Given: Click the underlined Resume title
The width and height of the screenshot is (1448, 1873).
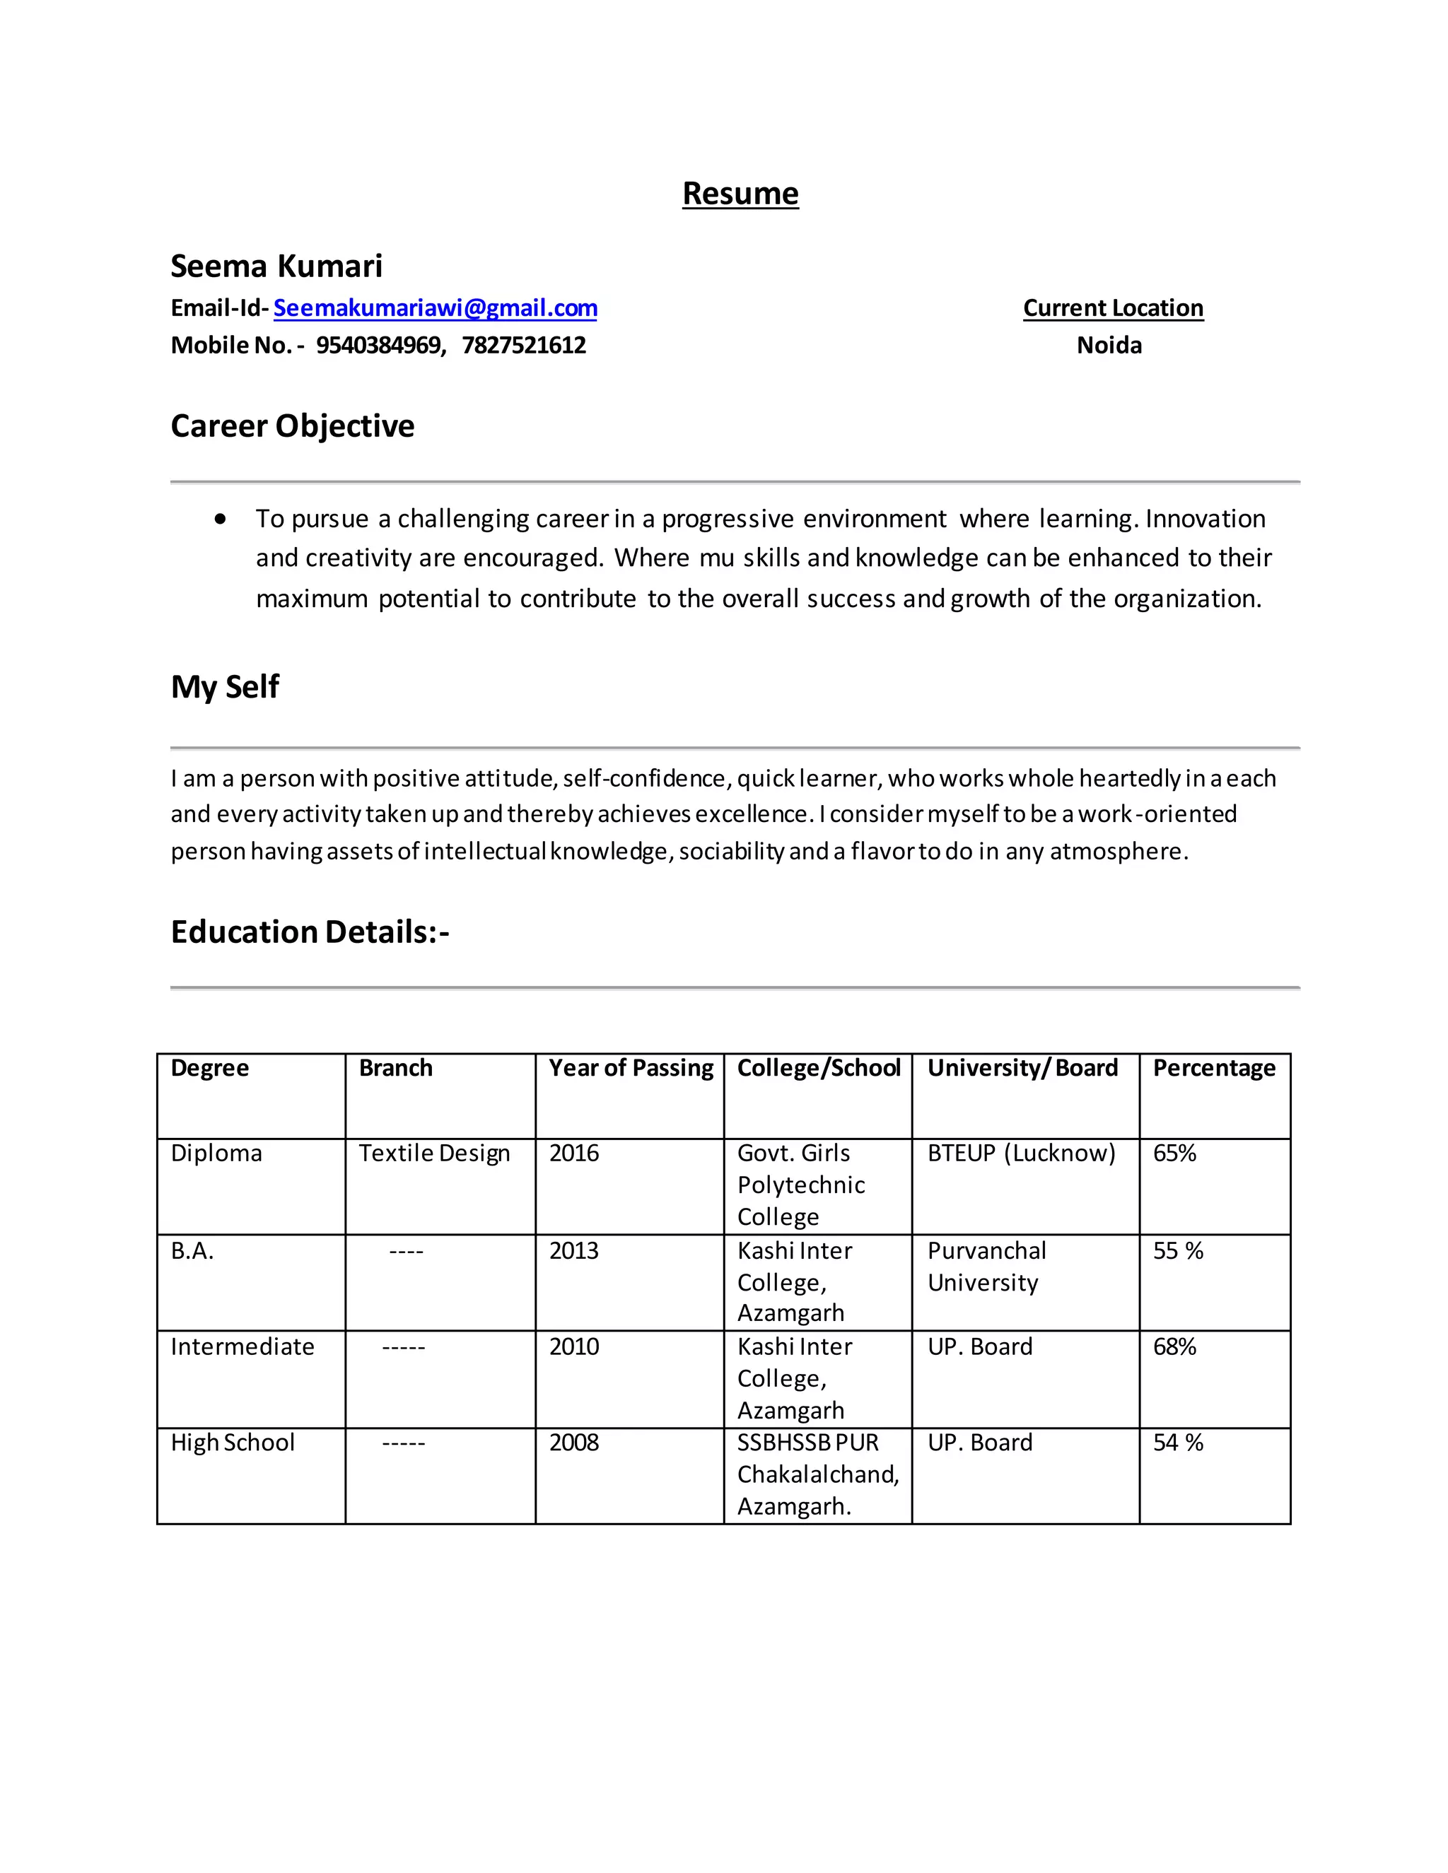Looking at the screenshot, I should [740, 194].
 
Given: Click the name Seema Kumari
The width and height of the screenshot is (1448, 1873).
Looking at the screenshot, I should [276, 266].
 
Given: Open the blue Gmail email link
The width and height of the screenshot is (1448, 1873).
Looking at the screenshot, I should [435, 308].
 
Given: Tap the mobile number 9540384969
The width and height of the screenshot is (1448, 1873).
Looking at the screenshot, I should [379, 345].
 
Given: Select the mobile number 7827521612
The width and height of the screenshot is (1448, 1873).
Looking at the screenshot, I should [523, 345].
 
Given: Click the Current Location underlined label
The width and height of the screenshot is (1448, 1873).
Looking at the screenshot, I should [1113, 308].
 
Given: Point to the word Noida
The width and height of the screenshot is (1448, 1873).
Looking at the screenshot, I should [1109, 345].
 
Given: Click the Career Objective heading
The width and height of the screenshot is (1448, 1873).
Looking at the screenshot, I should [293, 426].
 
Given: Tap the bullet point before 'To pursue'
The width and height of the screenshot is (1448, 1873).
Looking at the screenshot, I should [221, 519].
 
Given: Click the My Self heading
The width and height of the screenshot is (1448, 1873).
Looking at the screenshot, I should [225, 687].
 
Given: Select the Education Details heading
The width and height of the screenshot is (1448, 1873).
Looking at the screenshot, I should [310, 932].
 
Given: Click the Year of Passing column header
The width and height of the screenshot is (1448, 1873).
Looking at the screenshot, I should [631, 1068].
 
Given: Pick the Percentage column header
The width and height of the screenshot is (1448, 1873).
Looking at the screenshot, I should [1214, 1068].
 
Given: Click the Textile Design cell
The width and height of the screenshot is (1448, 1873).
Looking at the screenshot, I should [434, 1153].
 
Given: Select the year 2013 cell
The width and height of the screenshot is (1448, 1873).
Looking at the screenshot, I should [574, 1251].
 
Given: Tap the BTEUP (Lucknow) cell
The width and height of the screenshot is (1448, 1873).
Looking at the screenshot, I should [1021, 1153].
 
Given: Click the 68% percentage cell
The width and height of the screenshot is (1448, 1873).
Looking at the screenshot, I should [1174, 1347].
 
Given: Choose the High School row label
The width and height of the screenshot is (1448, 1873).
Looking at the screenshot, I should [233, 1443].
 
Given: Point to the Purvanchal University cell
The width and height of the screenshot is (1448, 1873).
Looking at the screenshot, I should [986, 1267].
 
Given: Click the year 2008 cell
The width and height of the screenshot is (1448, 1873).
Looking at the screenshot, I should [574, 1443].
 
